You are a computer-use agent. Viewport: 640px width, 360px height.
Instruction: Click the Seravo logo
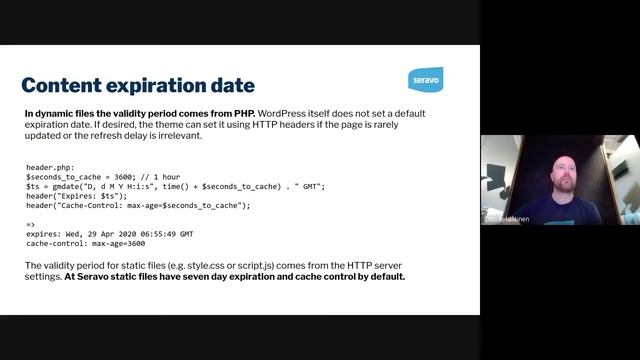point(425,80)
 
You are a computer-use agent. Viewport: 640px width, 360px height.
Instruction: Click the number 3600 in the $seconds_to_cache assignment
point(123,177)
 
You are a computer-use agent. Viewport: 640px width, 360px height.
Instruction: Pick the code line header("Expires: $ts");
point(76,196)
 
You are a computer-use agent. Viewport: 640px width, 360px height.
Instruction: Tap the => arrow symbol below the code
point(31,224)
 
